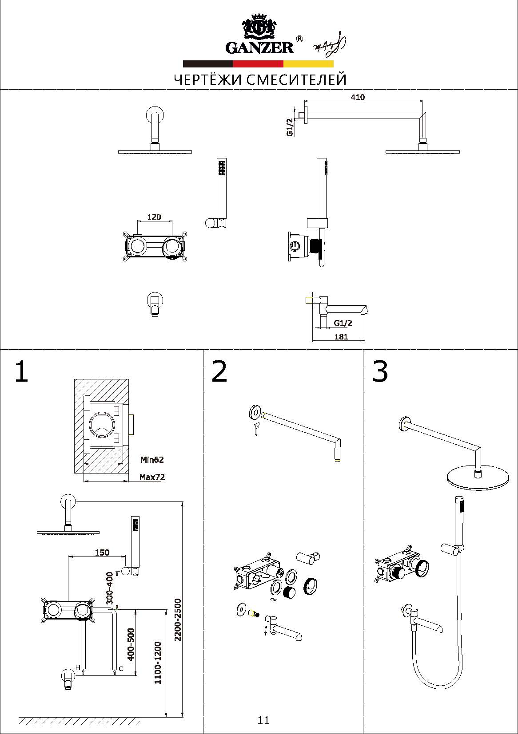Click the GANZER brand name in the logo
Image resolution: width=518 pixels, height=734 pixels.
(259, 47)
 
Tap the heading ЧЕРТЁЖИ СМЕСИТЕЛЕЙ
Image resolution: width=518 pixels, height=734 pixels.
(260, 79)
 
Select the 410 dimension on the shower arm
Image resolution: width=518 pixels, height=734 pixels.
(357, 97)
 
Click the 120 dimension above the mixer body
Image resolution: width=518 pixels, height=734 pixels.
(154, 217)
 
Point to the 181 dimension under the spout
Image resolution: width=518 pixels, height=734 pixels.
(341, 336)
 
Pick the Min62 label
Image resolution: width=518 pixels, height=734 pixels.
(152, 460)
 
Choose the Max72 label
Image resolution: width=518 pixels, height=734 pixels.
(152, 477)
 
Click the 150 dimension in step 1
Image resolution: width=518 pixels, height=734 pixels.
(102, 552)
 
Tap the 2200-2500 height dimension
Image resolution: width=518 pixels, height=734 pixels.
(178, 620)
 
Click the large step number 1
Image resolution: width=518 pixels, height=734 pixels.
(21, 371)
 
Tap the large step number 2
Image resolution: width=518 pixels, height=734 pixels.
(219, 371)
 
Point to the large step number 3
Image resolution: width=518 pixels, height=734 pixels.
(380, 371)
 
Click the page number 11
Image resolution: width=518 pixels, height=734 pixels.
(263, 720)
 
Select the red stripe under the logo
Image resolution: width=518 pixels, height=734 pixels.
(258, 63)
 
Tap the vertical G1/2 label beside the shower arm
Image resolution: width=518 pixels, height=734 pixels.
(290, 127)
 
